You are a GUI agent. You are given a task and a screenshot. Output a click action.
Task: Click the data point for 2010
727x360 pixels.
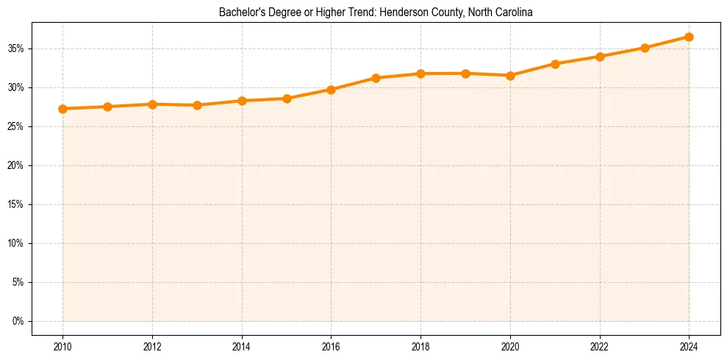tap(62, 109)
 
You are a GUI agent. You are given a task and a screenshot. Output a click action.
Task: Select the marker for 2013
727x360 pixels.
tap(197, 105)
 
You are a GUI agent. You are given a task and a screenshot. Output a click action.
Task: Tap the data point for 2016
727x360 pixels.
tap(331, 90)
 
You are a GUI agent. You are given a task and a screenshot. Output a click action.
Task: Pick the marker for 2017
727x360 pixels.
tap(376, 78)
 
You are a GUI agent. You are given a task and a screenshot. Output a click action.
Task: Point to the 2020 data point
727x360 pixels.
tap(510, 76)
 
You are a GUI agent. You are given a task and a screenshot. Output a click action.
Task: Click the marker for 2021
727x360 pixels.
tap(555, 64)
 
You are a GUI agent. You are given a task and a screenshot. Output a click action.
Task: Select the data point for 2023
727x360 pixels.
tap(645, 48)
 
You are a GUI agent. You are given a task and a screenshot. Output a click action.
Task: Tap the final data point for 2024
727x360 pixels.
tap(689, 37)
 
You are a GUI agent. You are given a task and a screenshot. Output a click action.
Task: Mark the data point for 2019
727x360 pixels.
tap(465, 73)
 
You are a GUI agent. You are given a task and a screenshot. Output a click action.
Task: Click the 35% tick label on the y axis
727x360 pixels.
tap(17, 48)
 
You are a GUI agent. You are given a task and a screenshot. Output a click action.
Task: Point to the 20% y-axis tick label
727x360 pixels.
tap(17, 165)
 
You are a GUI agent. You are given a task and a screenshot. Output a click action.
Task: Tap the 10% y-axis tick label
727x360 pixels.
tap(17, 243)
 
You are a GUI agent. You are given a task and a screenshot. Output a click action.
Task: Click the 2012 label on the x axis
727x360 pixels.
tap(152, 346)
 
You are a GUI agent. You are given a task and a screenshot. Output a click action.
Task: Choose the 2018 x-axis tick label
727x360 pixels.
tap(420, 346)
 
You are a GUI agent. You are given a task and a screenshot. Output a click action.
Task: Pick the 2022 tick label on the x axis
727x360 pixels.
tap(600, 346)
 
